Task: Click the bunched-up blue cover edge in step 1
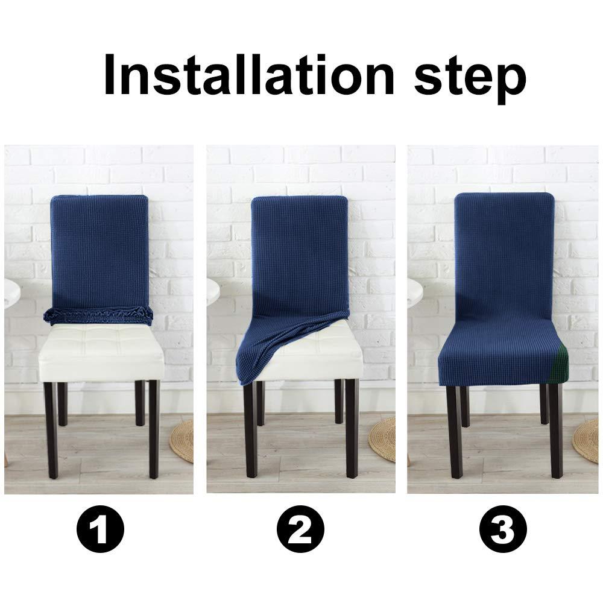pyautogui.click(x=99, y=315)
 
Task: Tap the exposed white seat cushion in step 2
pyautogui.click(x=320, y=356)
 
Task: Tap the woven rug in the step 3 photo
pyautogui.click(x=587, y=440)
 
